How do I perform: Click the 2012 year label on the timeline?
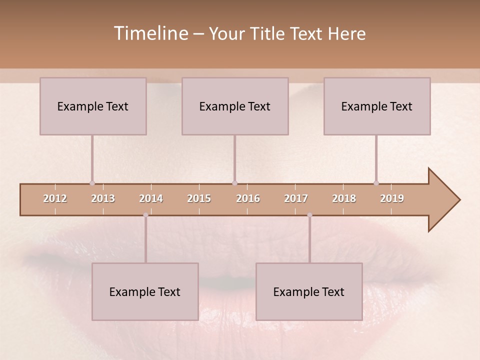[55, 198]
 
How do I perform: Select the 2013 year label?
[103, 198]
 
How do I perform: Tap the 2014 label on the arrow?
[151, 198]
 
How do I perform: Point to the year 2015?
[199, 198]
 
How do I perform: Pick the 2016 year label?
[248, 198]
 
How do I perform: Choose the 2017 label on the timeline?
[296, 198]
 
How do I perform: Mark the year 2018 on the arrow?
[344, 198]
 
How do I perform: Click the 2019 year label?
[392, 198]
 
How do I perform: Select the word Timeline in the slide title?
[150, 33]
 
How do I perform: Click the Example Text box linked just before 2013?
[93, 106]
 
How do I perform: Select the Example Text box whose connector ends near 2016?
[235, 106]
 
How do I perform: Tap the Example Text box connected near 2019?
[377, 106]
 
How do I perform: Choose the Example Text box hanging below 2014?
[145, 291]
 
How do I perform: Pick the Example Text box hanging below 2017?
[309, 291]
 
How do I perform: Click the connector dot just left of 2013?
[92, 183]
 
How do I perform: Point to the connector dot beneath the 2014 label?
[145, 215]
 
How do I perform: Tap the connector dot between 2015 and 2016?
[234, 183]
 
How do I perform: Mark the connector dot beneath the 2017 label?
[309, 215]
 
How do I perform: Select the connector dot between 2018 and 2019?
[376, 183]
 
